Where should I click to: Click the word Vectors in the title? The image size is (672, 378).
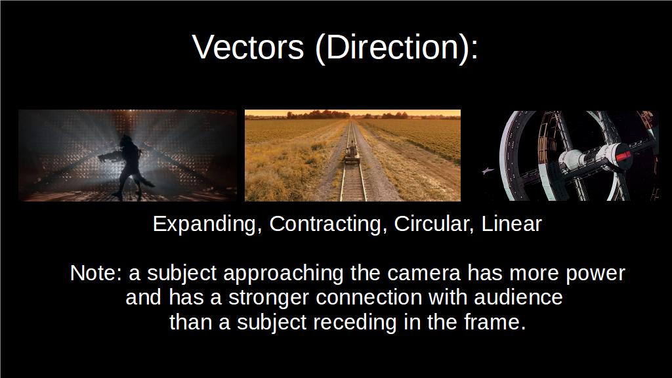tap(248, 47)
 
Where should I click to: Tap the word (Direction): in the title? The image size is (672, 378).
tap(396, 48)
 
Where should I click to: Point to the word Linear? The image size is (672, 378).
tap(512, 224)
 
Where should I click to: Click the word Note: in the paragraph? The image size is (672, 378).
tap(96, 273)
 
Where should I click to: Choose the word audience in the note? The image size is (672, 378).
tap(518, 297)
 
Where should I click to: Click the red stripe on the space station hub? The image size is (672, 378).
tap(623, 155)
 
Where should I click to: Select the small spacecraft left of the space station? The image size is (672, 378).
tap(488, 171)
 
